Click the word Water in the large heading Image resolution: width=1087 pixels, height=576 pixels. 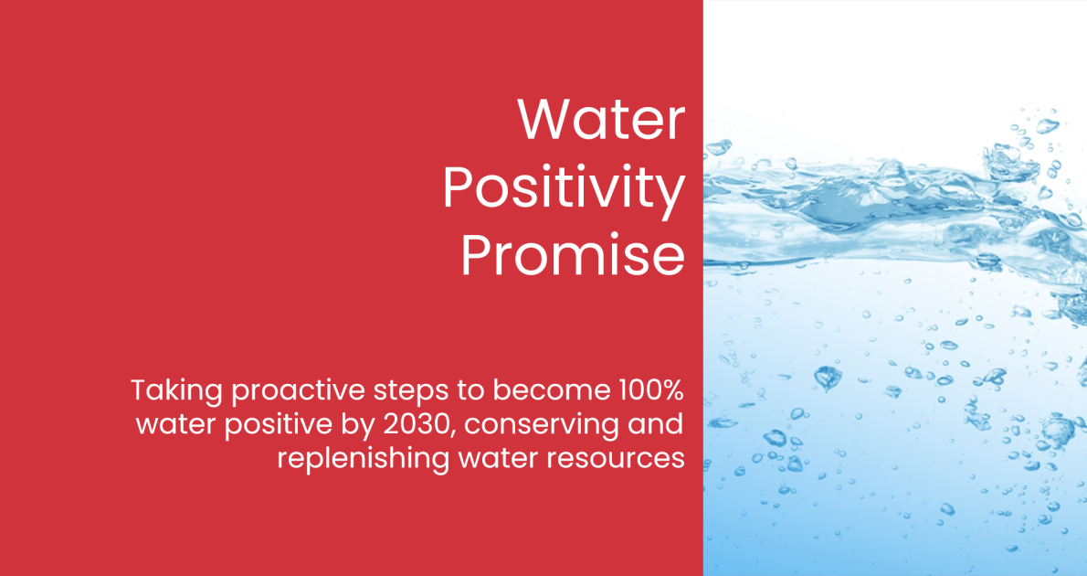[x=601, y=120]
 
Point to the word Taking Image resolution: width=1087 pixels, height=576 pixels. [x=177, y=392]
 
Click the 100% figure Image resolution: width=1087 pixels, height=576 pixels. [x=652, y=390]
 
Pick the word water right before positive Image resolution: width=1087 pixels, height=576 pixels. [x=176, y=425]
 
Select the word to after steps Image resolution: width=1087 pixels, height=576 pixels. [x=472, y=391]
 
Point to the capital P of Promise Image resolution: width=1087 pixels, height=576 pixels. [x=476, y=255]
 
